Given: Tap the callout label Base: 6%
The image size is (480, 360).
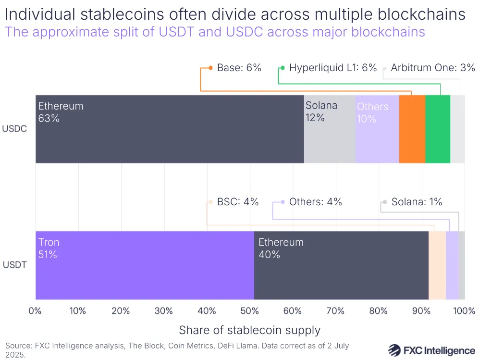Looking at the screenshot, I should [x=239, y=68].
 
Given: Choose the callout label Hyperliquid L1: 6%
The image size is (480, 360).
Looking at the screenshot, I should [x=332, y=68].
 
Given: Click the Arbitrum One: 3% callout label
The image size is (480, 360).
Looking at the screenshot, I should [x=432, y=68].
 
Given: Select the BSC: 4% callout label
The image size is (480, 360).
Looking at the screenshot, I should [x=237, y=202].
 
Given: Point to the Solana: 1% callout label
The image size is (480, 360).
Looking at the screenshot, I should [x=416, y=202].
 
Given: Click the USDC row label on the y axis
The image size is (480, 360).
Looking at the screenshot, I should [x=14, y=129].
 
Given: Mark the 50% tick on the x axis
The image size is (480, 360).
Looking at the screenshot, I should [x=250, y=311].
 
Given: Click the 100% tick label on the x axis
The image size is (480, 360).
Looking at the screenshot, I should [x=464, y=311].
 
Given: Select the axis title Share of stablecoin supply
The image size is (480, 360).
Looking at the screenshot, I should [x=249, y=330].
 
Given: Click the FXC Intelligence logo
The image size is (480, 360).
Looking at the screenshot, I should [x=431, y=349].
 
